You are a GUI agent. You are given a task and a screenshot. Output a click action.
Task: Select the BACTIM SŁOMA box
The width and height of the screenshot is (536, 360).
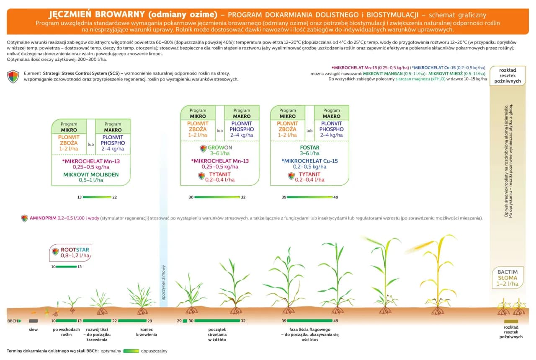(508, 278)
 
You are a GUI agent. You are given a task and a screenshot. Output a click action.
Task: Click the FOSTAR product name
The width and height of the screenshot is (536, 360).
(309, 148)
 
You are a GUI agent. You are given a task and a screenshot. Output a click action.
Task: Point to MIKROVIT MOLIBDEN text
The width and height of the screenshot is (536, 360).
(91, 174)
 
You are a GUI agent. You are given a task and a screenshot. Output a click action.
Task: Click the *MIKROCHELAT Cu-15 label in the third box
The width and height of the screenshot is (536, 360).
(309, 161)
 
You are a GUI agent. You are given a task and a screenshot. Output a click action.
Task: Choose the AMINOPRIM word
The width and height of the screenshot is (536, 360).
(43, 218)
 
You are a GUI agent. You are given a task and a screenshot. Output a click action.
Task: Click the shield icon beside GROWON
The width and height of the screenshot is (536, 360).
(203, 148)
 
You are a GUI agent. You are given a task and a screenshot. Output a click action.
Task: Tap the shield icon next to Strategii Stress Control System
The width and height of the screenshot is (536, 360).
(13, 76)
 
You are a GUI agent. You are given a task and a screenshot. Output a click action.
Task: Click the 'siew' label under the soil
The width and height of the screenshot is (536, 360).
(33, 329)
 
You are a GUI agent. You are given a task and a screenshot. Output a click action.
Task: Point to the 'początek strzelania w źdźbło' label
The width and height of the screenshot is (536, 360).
(217, 334)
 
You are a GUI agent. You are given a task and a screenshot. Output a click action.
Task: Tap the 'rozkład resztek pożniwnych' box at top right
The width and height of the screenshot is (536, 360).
(508, 75)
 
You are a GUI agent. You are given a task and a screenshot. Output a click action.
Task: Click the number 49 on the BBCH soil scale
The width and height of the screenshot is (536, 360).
(335, 321)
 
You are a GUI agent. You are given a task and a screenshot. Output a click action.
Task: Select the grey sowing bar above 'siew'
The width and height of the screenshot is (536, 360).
(33, 321)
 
